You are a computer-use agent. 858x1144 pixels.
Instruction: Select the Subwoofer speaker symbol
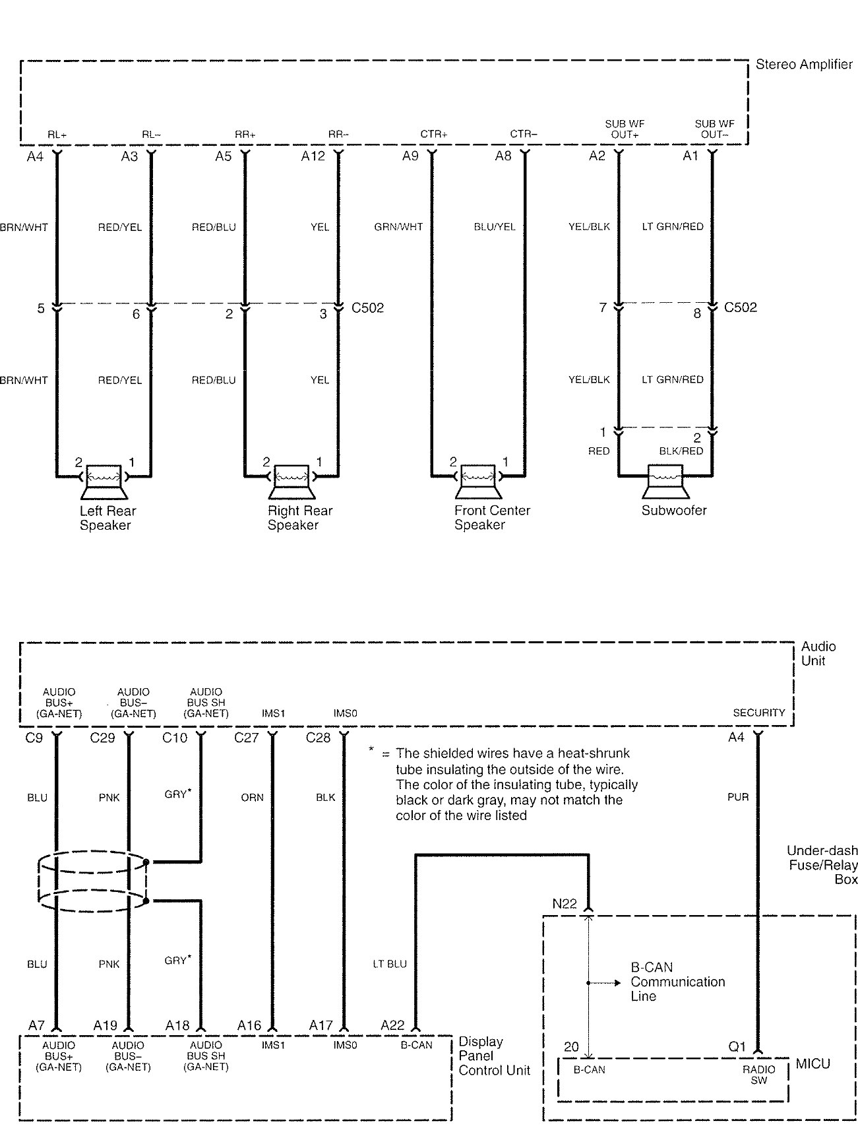pyautogui.click(x=665, y=482)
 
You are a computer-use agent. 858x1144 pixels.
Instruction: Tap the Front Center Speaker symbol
pyautogui.click(x=479, y=482)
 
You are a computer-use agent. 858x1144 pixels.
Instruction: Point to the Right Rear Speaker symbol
pyautogui.click(x=291, y=482)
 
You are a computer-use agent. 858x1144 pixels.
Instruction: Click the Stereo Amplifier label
pyautogui.click(x=804, y=65)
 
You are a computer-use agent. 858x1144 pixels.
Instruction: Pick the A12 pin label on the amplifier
pyautogui.click(x=313, y=156)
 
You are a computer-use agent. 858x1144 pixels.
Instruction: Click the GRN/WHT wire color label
pyautogui.click(x=398, y=227)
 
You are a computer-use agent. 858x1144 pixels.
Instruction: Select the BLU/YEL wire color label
pyautogui.click(x=495, y=227)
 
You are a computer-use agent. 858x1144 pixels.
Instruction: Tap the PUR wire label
pyautogui.click(x=738, y=797)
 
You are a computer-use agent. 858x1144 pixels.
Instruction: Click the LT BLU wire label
pyautogui.click(x=389, y=964)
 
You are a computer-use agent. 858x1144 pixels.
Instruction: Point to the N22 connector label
pyautogui.click(x=565, y=904)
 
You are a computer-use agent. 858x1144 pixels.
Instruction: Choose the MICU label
pyautogui.click(x=813, y=1064)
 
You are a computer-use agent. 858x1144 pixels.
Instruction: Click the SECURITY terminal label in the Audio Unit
pyautogui.click(x=759, y=713)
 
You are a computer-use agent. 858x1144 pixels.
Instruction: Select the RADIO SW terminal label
pyautogui.click(x=759, y=1075)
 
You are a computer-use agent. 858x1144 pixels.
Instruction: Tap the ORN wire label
pyautogui.click(x=252, y=798)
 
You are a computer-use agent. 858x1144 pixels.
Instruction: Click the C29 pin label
pyautogui.click(x=102, y=738)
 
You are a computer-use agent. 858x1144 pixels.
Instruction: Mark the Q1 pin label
pyautogui.click(x=737, y=1047)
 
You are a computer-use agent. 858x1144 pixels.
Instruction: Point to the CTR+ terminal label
pyautogui.click(x=434, y=134)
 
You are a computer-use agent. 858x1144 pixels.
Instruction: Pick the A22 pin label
pyautogui.click(x=392, y=1025)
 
